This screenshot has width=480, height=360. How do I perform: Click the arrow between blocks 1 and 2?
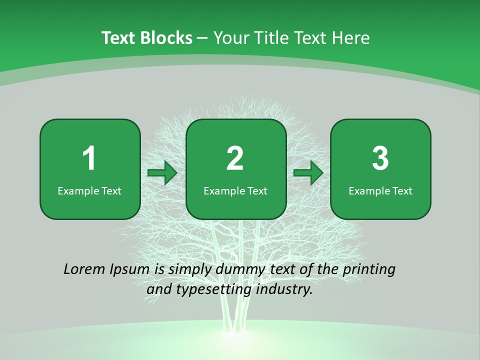(x=162, y=173)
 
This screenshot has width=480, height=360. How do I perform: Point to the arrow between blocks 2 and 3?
(x=308, y=173)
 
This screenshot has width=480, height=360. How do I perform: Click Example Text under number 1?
(x=89, y=190)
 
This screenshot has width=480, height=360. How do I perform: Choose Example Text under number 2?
(x=235, y=190)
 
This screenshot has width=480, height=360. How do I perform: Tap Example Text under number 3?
(x=380, y=190)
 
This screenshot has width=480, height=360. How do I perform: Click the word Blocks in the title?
(x=167, y=37)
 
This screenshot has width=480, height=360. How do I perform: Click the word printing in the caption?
(x=369, y=270)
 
